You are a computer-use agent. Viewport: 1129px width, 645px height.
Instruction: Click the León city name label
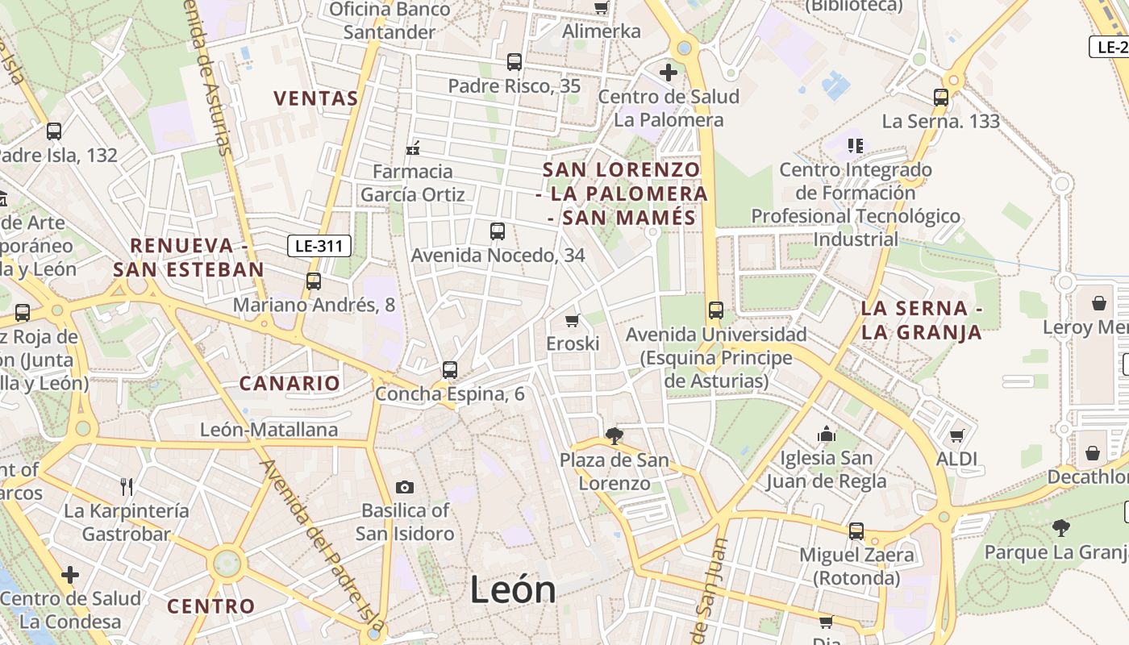pos(513,590)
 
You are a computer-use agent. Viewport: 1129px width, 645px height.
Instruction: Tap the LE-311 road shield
pos(319,246)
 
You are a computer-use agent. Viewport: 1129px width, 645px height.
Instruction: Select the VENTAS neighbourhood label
pos(315,98)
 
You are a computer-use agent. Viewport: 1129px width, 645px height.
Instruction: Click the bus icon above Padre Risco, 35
pos(514,62)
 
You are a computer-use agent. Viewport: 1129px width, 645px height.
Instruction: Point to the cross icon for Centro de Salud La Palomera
pos(668,73)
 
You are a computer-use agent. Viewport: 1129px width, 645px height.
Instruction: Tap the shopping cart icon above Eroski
pos(573,320)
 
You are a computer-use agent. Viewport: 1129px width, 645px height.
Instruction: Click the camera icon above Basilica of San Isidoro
pos(405,487)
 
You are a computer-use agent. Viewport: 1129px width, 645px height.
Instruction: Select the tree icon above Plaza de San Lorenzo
pos(614,436)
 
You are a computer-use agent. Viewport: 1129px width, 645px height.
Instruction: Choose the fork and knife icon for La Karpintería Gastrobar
pos(127,486)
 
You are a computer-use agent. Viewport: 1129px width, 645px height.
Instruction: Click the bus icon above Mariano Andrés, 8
pos(314,281)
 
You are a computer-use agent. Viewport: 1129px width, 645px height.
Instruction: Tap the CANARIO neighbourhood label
pos(290,383)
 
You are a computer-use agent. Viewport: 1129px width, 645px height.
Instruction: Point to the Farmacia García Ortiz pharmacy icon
pos(413,148)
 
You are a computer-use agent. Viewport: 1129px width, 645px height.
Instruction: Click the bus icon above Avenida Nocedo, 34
pos(498,231)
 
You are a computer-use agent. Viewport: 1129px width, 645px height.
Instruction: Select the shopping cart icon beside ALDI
pos(956,435)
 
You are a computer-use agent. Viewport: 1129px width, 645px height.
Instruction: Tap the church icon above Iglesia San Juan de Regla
pos(826,435)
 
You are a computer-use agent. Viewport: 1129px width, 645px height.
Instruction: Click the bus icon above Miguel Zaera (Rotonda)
pos(856,531)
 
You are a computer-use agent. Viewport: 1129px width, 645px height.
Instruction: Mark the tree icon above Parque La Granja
pos(1061,528)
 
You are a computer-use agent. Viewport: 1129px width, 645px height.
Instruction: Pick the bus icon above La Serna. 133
pos(940,98)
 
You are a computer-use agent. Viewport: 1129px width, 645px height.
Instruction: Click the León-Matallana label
pos(269,430)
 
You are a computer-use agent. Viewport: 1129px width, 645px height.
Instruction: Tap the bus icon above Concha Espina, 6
pos(450,370)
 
